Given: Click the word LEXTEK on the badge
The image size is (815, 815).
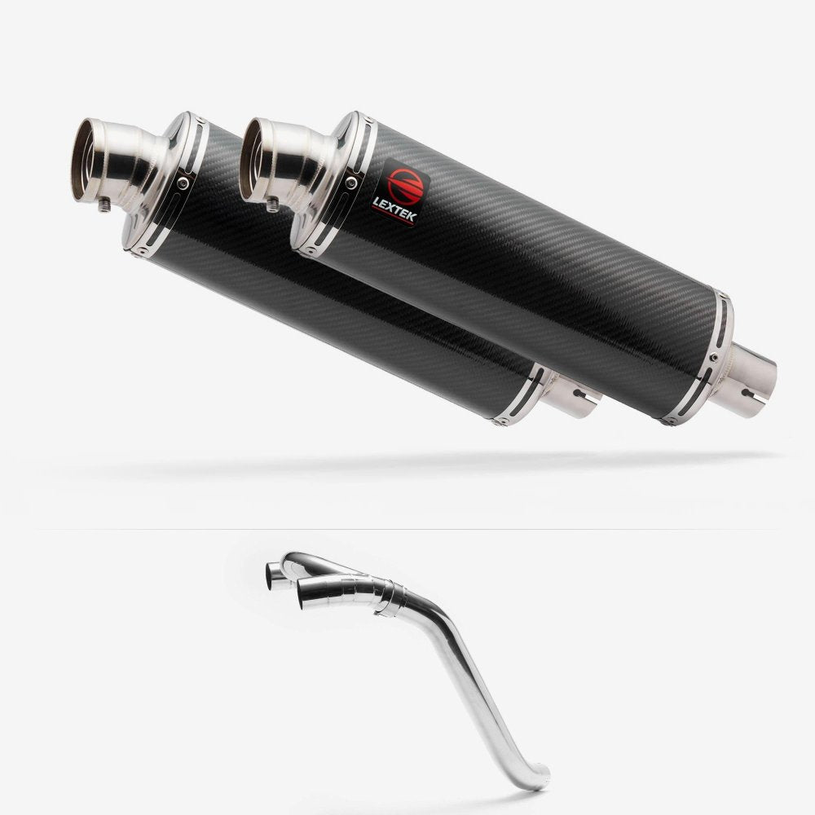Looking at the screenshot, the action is tap(394, 209).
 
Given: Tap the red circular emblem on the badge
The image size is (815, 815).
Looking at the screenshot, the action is tap(405, 184).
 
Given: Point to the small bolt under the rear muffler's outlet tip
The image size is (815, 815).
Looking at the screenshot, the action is tap(104, 206).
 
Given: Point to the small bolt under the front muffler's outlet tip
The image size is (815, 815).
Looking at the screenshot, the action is tap(272, 205).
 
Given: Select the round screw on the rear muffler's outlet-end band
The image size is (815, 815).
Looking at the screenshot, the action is tap(183, 183).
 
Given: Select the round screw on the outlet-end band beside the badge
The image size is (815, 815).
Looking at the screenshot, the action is tap(351, 182).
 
